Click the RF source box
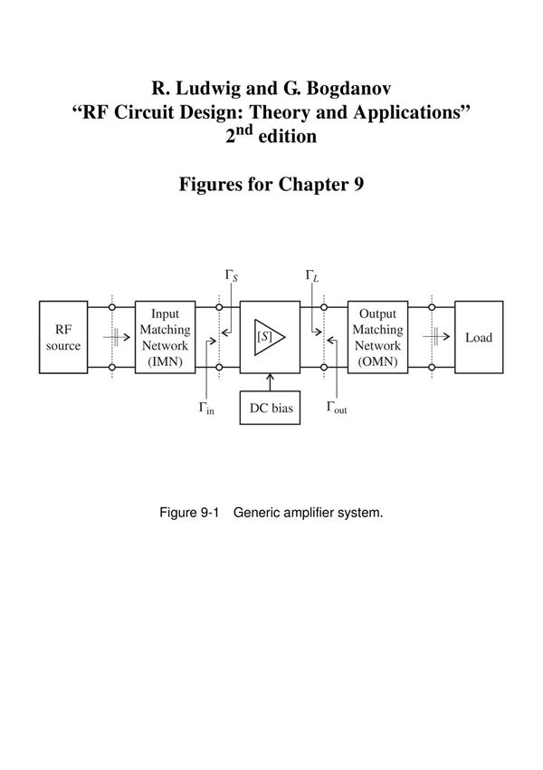(63, 337)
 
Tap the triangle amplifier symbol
(271, 336)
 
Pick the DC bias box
(271, 408)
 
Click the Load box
(479, 337)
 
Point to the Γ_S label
(232, 276)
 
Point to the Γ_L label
(312, 276)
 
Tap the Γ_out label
(337, 408)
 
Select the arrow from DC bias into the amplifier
(271, 381)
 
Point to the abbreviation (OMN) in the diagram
(377, 361)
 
